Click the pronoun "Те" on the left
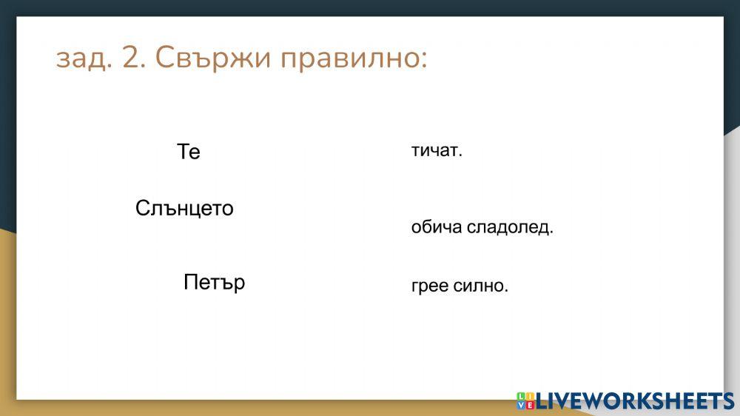pyautogui.click(x=189, y=152)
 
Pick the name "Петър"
pyautogui.click(x=214, y=283)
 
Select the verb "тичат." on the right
pyautogui.click(x=437, y=151)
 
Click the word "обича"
pyautogui.click(x=437, y=228)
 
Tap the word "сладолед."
pyautogui.click(x=510, y=228)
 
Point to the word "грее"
pyautogui.click(x=430, y=286)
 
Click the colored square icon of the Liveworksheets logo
pyautogui.click(x=525, y=400)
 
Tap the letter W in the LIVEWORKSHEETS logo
pyautogui.click(x=599, y=400)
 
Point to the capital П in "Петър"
pyautogui.click(x=190, y=283)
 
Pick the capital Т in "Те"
pyautogui.click(x=184, y=152)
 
